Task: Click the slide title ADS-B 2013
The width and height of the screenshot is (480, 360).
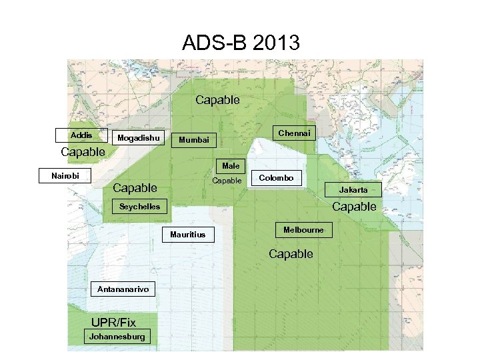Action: click(241, 44)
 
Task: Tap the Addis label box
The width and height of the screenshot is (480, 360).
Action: click(81, 135)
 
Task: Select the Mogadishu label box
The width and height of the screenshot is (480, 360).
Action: click(139, 139)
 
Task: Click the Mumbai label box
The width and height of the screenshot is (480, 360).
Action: click(193, 140)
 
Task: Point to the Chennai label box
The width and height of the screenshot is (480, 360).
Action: click(294, 133)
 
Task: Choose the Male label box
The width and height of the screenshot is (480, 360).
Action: click(231, 165)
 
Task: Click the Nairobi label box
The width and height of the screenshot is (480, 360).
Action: click(65, 176)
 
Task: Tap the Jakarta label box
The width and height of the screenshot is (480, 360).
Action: click(353, 190)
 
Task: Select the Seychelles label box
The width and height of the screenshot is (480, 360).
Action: click(139, 207)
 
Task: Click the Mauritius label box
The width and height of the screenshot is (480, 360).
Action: click(188, 235)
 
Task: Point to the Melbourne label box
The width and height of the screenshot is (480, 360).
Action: click(303, 230)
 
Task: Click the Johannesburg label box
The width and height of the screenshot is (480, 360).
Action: click(117, 337)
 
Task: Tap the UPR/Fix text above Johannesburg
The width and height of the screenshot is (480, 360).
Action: click(113, 323)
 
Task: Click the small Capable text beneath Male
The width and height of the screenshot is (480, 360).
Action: click(227, 181)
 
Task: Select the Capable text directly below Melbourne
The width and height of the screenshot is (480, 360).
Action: click(291, 254)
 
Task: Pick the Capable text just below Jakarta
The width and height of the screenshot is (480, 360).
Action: click(354, 207)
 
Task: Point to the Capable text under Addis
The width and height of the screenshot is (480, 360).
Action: click(83, 152)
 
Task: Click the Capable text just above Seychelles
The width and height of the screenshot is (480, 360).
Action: click(135, 188)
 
